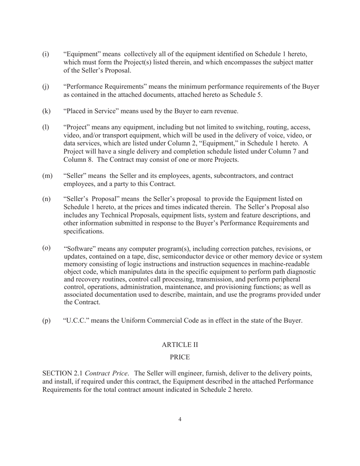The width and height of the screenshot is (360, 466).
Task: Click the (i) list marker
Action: click(45, 54)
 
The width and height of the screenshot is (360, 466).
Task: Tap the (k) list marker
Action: click(46, 111)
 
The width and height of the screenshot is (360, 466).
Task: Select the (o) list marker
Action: click(46, 248)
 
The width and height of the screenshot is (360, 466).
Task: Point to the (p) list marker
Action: click(46, 321)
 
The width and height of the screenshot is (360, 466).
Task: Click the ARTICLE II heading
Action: click(180, 345)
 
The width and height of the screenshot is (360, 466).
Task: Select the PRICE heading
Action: click(180, 357)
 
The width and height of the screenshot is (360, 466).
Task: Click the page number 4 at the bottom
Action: click(180, 419)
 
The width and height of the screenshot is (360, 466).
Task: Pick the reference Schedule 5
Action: click(247, 95)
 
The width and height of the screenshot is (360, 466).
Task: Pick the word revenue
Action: click(226, 111)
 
